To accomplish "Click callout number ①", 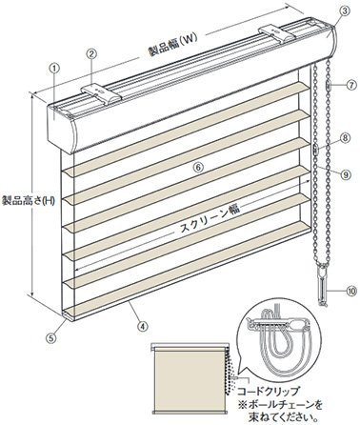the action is (55, 68).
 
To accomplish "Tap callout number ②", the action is (91, 53).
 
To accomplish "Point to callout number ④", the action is (143, 326).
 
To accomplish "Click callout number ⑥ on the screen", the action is (198, 168).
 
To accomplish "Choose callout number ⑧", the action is (346, 138).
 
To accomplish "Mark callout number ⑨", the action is (346, 173).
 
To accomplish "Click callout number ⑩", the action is (351, 292).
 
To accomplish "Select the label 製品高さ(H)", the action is (28, 200).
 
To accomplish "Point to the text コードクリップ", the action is (269, 391).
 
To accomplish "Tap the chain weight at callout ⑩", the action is (322, 287).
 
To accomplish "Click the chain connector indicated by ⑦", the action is (328, 86).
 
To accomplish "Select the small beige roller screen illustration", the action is (190, 378).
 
